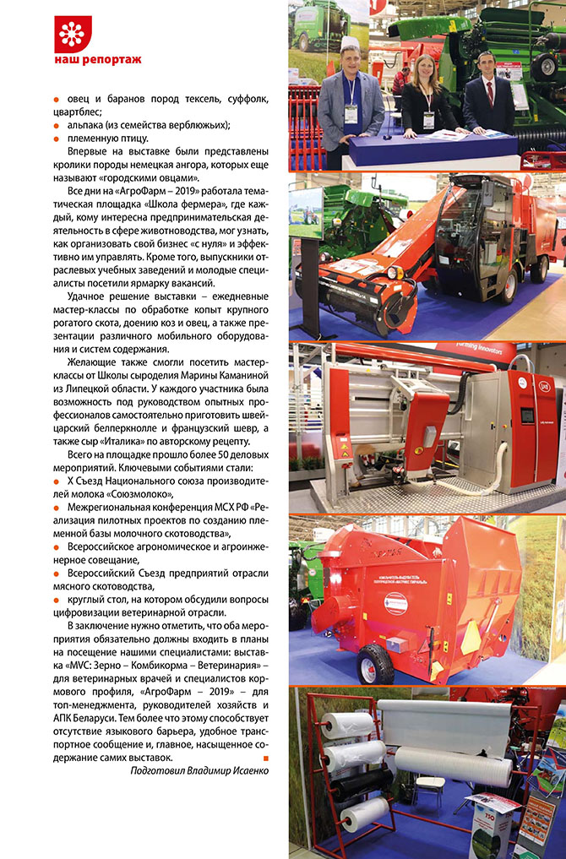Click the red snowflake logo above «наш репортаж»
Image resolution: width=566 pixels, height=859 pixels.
point(72,33)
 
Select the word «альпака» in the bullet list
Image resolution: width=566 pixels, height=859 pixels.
point(86,125)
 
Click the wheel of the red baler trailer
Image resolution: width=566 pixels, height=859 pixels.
point(374,664)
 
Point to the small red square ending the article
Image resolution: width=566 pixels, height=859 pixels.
point(265,757)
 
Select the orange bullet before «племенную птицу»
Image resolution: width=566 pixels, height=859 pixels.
point(56,139)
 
